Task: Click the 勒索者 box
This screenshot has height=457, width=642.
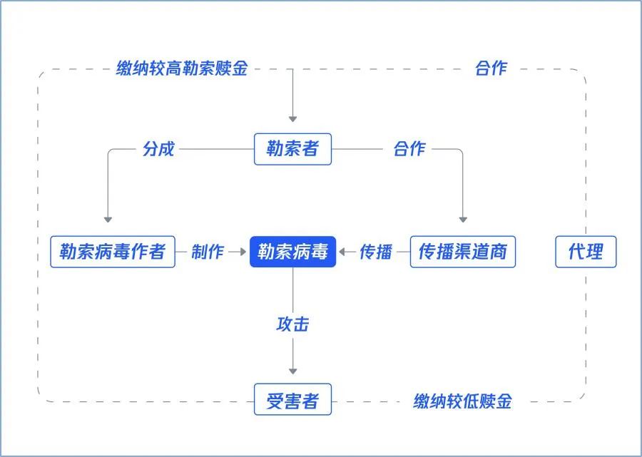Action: tap(292, 149)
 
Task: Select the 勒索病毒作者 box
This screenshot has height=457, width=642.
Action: tap(113, 252)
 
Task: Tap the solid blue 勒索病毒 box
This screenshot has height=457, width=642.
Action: tap(292, 252)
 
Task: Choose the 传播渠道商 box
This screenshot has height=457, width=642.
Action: tap(463, 252)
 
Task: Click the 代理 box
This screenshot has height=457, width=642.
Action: tap(586, 252)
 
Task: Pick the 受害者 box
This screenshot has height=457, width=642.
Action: tap(292, 399)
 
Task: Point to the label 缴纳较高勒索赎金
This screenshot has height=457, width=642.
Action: tap(182, 68)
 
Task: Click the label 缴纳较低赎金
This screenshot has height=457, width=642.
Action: tap(463, 401)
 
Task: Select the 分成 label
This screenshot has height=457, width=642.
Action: tap(158, 148)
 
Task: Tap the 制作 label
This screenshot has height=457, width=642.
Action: tap(208, 252)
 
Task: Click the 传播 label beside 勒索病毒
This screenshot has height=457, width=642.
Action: tap(376, 252)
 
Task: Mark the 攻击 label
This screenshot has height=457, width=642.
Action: tap(292, 324)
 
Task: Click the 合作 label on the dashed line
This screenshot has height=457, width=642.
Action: tap(491, 68)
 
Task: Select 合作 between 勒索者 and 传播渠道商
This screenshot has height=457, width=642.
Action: tap(409, 148)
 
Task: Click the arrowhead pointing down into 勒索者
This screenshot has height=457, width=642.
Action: tap(292, 119)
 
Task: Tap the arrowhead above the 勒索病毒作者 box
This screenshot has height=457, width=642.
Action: tap(108, 220)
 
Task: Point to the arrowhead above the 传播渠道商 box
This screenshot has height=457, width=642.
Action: tap(463, 220)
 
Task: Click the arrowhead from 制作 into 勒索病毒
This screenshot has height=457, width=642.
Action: tap(243, 252)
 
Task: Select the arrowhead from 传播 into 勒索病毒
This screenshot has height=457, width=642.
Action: tap(342, 252)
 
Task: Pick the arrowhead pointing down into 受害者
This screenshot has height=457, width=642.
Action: tap(292, 371)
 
